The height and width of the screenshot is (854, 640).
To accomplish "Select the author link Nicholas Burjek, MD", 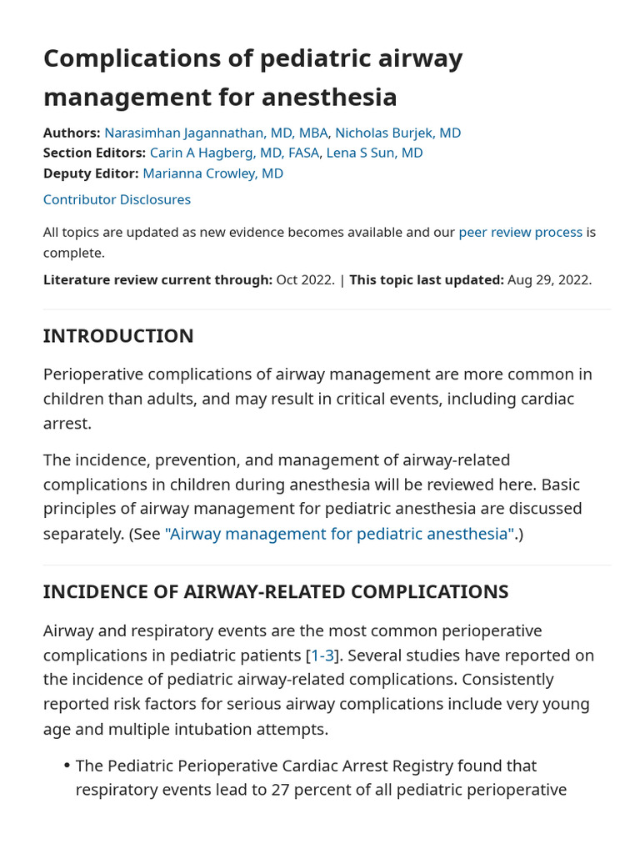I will pyautogui.click(x=397, y=133).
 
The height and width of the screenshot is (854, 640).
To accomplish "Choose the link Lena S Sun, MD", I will pyautogui.click(x=374, y=153).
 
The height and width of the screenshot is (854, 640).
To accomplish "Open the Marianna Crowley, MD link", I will pyautogui.click(x=212, y=173).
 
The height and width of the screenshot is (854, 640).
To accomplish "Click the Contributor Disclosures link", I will pyautogui.click(x=117, y=199).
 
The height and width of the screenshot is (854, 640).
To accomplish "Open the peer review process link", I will pyautogui.click(x=520, y=232).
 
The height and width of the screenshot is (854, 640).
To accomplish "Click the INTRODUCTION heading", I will pyautogui.click(x=118, y=336).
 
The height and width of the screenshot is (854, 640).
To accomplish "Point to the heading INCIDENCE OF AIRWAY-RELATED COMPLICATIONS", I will pyautogui.click(x=275, y=592).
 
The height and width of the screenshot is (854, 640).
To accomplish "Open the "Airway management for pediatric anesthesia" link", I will pyautogui.click(x=339, y=534).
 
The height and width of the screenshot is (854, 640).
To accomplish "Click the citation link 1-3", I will pyautogui.click(x=322, y=656).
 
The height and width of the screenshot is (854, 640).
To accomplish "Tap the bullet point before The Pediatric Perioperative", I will pyautogui.click(x=67, y=766).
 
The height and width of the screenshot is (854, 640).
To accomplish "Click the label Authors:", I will pyautogui.click(x=72, y=133).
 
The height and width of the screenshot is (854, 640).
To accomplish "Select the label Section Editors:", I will pyautogui.click(x=94, y=153).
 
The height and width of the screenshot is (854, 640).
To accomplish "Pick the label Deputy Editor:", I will pyautogui.click(x=91, y=173).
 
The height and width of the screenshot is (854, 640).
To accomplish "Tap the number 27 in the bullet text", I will pyautogui.click(x=281, y=790).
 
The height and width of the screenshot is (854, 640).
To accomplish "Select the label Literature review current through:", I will pyautogui.click(x=157, y=279).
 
